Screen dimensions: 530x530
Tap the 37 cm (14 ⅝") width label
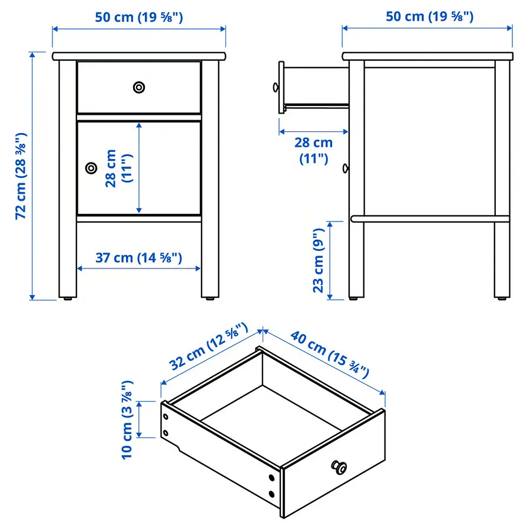pos(138,258)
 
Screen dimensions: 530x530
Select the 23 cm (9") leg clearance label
pos(319,260)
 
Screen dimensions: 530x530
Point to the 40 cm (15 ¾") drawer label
pos(330,355)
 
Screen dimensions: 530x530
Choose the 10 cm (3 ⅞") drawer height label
pos(127,420)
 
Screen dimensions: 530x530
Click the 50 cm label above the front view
pos(139,17)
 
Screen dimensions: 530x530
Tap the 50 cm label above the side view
pos(430,16)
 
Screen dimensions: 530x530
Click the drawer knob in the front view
pos(139,87)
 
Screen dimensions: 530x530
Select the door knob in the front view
pos(91,168)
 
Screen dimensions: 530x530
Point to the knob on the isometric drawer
pos(339,467)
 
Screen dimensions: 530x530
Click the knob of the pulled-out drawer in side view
pos(276,88)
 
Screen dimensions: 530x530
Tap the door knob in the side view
pos(346,168)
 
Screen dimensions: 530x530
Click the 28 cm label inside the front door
pos(118,168)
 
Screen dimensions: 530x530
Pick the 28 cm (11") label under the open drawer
pos(314,150)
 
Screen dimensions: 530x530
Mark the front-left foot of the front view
pos(68,299)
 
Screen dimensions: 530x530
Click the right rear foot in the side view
pos(502,299)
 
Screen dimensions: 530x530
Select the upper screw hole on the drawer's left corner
pos(165,417)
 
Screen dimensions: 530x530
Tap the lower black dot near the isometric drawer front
pos(271,495)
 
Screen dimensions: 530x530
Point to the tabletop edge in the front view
pos(139,56)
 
